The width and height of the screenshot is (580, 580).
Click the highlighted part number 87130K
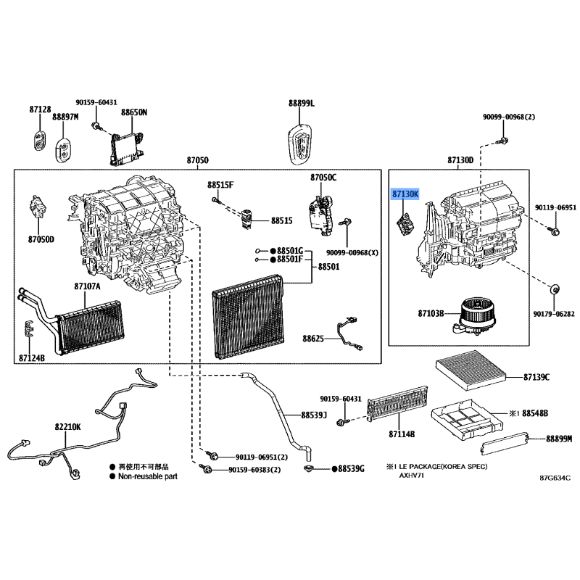click(x=405, y=194)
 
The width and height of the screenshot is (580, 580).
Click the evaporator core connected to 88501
click(x=249, y=317)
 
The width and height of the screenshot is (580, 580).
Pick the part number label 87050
click(x=197, y=160)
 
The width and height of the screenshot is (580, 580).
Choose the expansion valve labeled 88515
click(x=246, y=218)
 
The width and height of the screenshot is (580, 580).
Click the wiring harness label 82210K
click(x=67, y=427)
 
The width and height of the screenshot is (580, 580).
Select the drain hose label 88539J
click(x=314, y=415)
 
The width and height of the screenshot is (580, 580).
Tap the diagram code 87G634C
click(x=555, y=478)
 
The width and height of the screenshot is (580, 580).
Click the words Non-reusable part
click(x=148, y=476)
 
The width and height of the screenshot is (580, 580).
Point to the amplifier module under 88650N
click(x=126, y=147)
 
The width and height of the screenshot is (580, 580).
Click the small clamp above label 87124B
click(x=28, y=329)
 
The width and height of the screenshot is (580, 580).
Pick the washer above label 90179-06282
click(x=555, y=289)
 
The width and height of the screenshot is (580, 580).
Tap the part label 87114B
click(x=402, y=434)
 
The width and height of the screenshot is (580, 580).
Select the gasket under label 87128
click(x=39, y=140)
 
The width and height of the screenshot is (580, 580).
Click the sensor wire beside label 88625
click(x=349, y=333)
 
